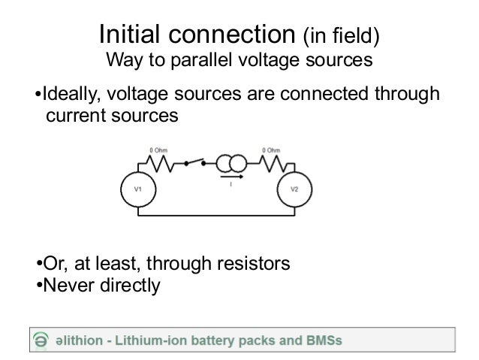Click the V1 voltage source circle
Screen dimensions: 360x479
tap(138, 189)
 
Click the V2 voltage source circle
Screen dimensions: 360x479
tap(294, 189)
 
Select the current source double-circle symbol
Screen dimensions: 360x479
tap(229, 163)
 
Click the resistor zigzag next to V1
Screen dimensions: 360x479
tap(167, 163)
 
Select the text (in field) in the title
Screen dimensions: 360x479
tap(340, 36)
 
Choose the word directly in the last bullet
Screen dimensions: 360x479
tap(131, 286)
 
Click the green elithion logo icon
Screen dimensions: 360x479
tap(40, 340)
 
